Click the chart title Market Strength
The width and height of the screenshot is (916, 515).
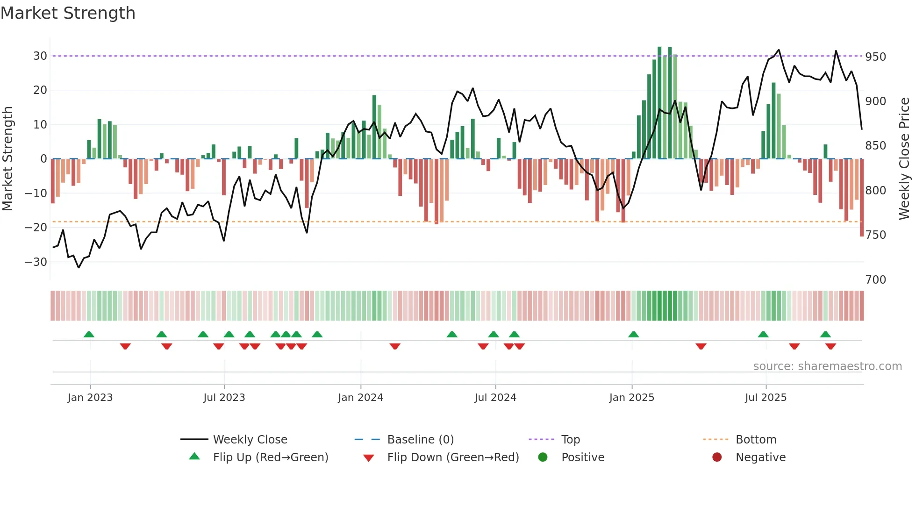[68, 13]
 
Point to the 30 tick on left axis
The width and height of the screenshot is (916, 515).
[40, 56]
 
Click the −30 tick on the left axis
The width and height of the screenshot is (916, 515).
[36, 262]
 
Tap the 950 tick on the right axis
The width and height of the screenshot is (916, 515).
[875, 57]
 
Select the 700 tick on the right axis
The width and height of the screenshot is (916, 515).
[875, 280]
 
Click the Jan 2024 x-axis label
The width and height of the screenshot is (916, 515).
[360, 398]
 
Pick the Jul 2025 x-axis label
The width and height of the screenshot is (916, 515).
[766, 398]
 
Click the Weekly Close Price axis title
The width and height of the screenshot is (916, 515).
[904, 159]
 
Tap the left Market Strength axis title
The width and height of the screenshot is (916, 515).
[7, 159]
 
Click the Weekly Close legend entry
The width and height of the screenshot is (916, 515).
[250, 440]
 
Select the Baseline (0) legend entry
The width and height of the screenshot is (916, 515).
[420, 440]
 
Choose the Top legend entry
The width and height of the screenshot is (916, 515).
[570, 440]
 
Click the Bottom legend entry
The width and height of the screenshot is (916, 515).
[756, 440]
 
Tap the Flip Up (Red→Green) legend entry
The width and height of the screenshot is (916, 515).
[271, 458]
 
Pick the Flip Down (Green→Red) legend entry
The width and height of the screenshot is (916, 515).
[453, 458]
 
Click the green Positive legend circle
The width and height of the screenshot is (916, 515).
[543, 458]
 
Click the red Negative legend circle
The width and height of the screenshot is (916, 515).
[717, 458]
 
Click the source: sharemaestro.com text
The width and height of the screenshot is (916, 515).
[827, 366]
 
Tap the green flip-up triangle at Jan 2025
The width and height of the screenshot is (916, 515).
[633, 335]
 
